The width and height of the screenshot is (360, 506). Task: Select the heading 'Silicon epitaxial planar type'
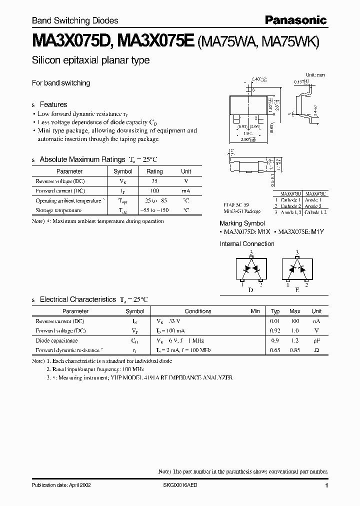pyautogui.click(x=90, y=60)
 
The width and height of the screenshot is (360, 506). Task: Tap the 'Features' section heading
pyautogui.click(x=53, y=104)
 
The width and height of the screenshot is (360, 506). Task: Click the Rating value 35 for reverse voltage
pyautogui.click(x=154, y=181)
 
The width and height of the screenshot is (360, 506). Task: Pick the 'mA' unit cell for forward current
pyautogui.click(x=185, y=191)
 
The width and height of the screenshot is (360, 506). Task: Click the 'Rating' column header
pyautogui.click(x=154, y=171)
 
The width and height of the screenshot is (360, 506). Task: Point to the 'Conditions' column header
pyautogui.click(x=198, y=311)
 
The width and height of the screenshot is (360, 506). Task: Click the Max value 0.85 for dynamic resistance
pyautogui.click(x=295, y=350)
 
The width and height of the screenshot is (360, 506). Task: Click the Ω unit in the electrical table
pyautogui.click(x=316, y=350)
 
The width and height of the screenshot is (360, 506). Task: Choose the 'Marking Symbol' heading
pyautogui.click(x=242, y=223)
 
